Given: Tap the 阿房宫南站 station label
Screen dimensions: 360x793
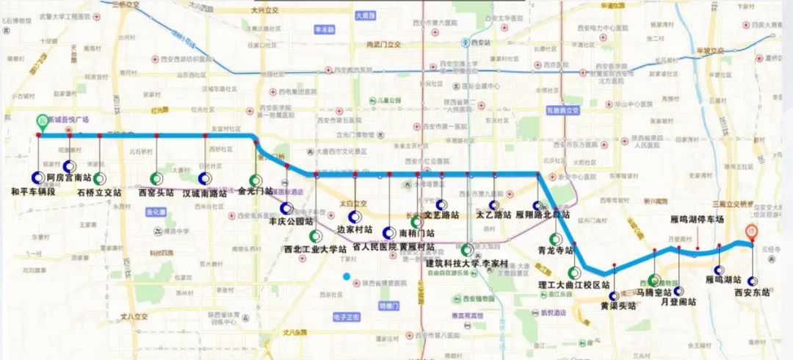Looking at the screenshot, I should [x=73, y=178].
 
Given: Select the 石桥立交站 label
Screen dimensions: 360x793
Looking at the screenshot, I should [x=98, y=192].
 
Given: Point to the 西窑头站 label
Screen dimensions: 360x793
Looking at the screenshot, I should [x=156, y=192].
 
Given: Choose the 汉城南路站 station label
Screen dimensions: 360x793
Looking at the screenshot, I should [x=205, y=194].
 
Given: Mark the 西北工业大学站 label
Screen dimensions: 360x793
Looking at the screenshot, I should [x=315, y=249].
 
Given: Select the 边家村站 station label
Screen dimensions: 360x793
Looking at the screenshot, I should [x=356, y=229].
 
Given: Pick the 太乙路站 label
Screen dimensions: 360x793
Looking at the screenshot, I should [x=493, y=215].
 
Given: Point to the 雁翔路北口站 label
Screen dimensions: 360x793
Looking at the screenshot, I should [x=543, y=215].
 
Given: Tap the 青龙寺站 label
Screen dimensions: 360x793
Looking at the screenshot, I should [x=555, y=250].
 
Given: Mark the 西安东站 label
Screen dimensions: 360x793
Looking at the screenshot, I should [x=752, y=292].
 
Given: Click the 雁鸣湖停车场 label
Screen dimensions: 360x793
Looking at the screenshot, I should [x=697, y=219].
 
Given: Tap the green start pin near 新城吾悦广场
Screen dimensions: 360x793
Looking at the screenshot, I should [x=40, y=122].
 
